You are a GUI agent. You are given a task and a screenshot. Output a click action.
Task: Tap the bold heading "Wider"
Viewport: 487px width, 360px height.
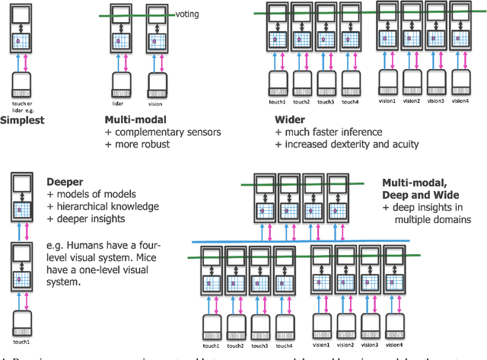coord(291,119)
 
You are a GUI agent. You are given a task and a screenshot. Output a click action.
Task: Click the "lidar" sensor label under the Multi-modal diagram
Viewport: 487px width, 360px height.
coord(120,100)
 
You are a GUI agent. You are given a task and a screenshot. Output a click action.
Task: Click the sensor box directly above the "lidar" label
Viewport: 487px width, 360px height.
coord(120,83)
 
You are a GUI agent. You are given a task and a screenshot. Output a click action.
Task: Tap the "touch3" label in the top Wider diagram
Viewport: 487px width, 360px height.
coord(326,100)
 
